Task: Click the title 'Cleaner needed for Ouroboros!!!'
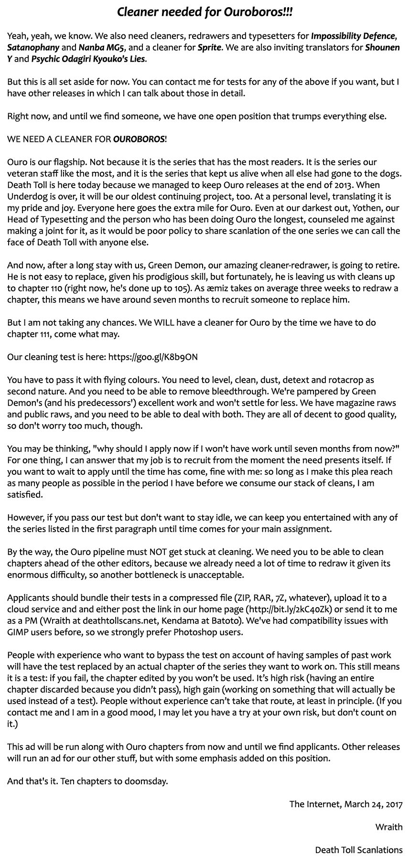pos(205,12)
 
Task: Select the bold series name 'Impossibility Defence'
pos(353,36)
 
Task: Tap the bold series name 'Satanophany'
pos(33,47)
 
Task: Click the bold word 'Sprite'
pos(209,47)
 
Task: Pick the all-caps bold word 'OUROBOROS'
pos(139,139)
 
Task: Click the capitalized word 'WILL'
pos(166,322)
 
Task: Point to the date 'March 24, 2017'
pos(373,804)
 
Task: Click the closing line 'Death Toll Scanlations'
pos(358,850)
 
